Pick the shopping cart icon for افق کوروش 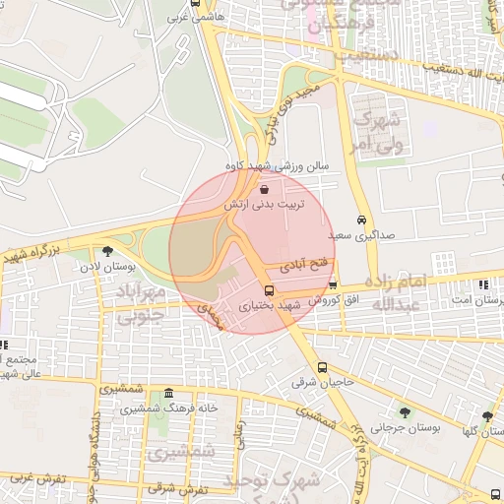click(x=333, y=285)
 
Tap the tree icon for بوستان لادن click(x=107, y=252)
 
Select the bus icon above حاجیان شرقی click(x=322, y=368)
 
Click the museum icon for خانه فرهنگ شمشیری click(x=169, y=393)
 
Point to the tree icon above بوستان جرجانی click(x=406, y=412)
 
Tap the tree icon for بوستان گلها click(x=487, y=416)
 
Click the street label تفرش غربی click(x=37, y=478)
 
